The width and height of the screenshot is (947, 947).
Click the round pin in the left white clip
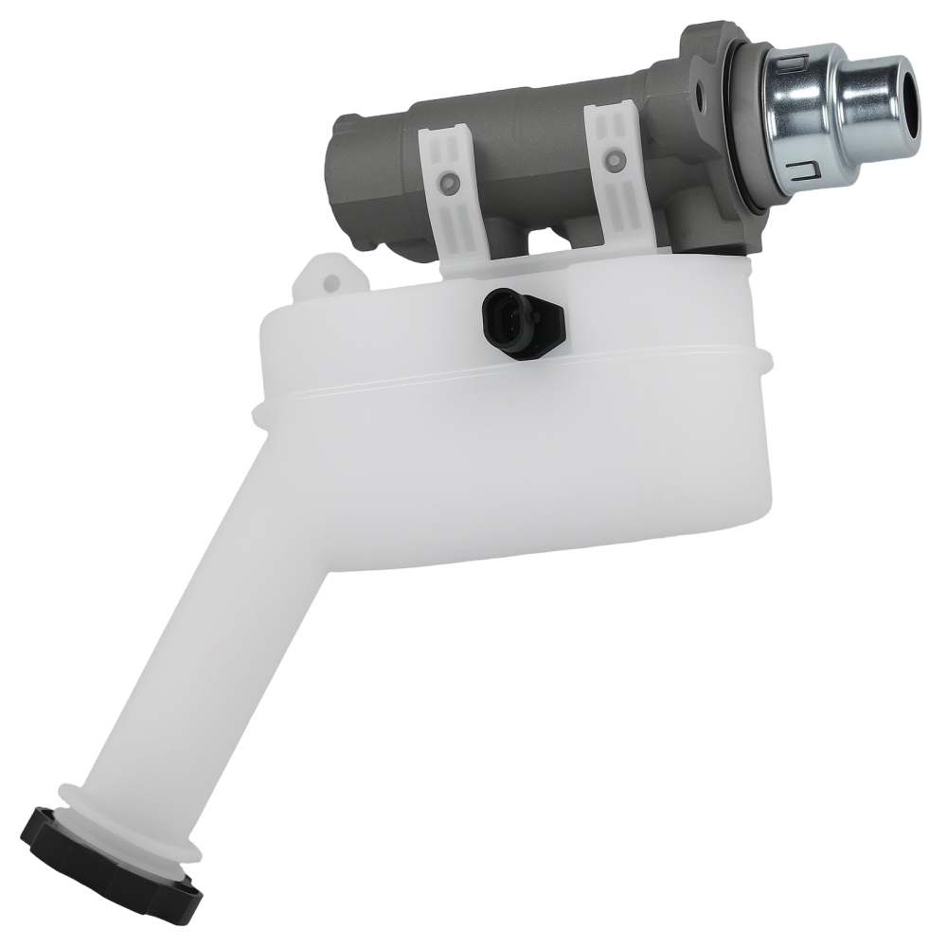tap(451, 179)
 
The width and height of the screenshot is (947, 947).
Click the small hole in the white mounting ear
tap(331, 279)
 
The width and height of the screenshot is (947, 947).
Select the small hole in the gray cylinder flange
tap(702, 96)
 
